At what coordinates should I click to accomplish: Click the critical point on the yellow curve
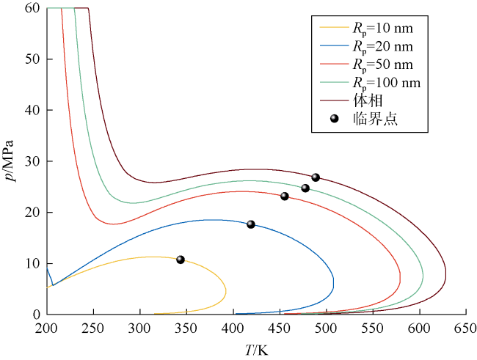point(180,260)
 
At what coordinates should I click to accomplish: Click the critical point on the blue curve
point(250,224)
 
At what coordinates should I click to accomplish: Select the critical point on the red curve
point(285,196)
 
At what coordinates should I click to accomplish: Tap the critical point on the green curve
point(305,188)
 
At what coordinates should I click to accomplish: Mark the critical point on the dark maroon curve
point(316,177)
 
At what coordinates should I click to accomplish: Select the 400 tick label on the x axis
point(233,328)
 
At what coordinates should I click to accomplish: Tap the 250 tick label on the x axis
point(93,328)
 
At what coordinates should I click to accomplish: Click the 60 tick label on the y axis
point(31,8)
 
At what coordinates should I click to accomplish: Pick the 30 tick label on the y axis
point(31,161)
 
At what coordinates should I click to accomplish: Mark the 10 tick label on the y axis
point(31,264)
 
